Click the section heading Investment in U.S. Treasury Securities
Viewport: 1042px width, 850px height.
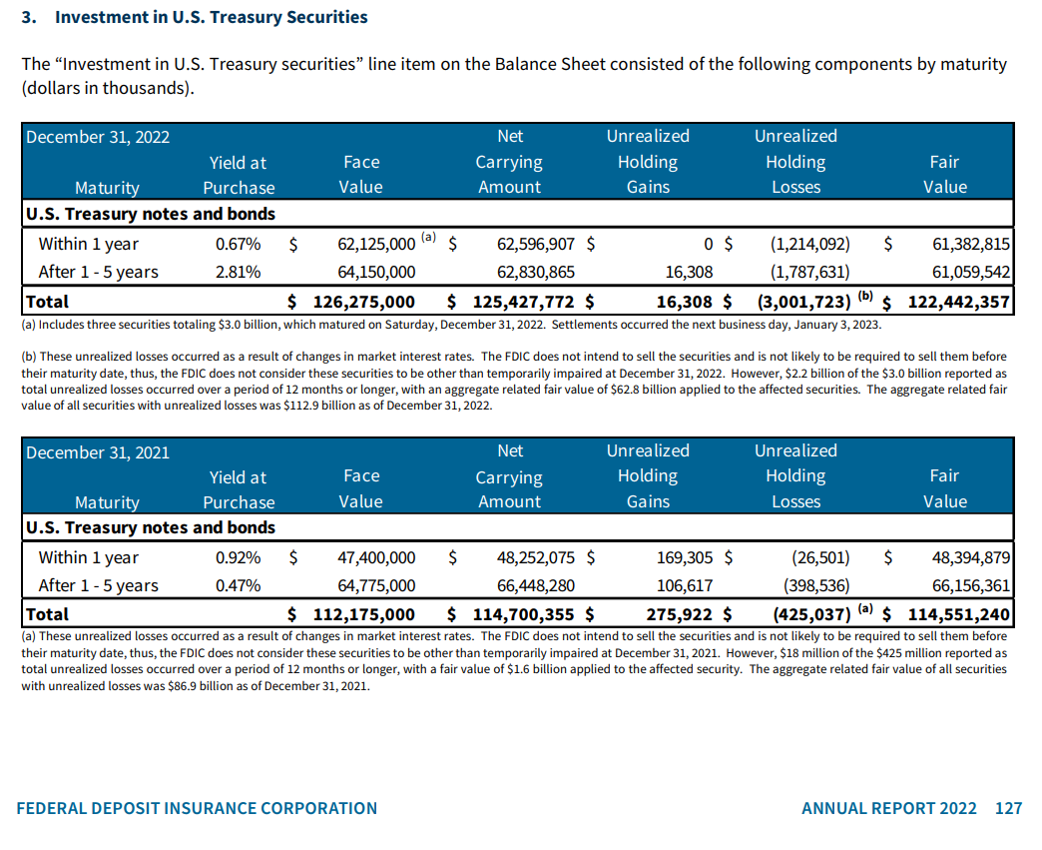point(211,17)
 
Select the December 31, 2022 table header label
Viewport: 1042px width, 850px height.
point(98,137)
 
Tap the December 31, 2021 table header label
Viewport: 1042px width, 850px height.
point(98,452)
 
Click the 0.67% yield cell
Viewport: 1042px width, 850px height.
point(239,244)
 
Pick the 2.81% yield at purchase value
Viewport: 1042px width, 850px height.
point(239,272)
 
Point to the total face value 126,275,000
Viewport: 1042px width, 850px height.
point(364,302)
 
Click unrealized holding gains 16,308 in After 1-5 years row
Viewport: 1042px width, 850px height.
point(689,272)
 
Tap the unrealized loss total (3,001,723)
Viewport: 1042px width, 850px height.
point(803,302)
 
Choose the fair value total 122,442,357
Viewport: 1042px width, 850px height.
point(958,302)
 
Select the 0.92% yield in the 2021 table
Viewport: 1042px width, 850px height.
point(239,557)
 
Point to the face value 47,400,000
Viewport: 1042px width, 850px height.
point(377,557)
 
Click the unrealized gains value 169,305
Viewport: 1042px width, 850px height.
point(683,557)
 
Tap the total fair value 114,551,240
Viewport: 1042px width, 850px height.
point(958,614)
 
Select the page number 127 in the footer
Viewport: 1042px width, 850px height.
point(1008,808)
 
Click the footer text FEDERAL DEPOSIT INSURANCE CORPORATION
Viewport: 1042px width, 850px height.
point(198,808)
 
